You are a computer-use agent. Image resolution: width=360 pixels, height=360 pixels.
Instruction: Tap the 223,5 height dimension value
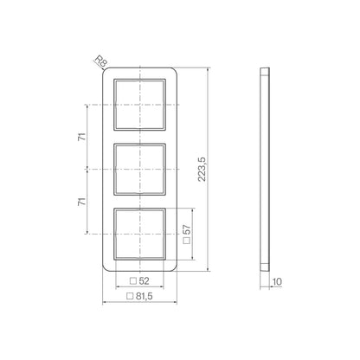click(x=202, y=169)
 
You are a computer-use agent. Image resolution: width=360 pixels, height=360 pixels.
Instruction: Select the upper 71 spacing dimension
click(x=82, y=137)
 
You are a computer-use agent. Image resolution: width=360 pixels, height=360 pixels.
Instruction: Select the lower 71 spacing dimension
click(x=82, y=202)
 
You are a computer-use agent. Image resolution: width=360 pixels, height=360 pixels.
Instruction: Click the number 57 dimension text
click(x=187, y=229)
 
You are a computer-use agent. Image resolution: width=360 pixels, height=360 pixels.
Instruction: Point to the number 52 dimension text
click(x=144, y=281)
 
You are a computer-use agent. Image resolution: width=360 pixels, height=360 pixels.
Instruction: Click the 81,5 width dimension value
click(x=144, y=296)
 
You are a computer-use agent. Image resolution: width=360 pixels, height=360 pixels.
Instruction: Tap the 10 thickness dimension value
click(x=277, y=282)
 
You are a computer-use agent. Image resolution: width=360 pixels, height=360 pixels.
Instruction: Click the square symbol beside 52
click(x=133, y=281)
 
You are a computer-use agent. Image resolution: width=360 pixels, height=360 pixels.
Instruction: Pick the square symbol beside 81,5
click(x=130, y=296)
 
